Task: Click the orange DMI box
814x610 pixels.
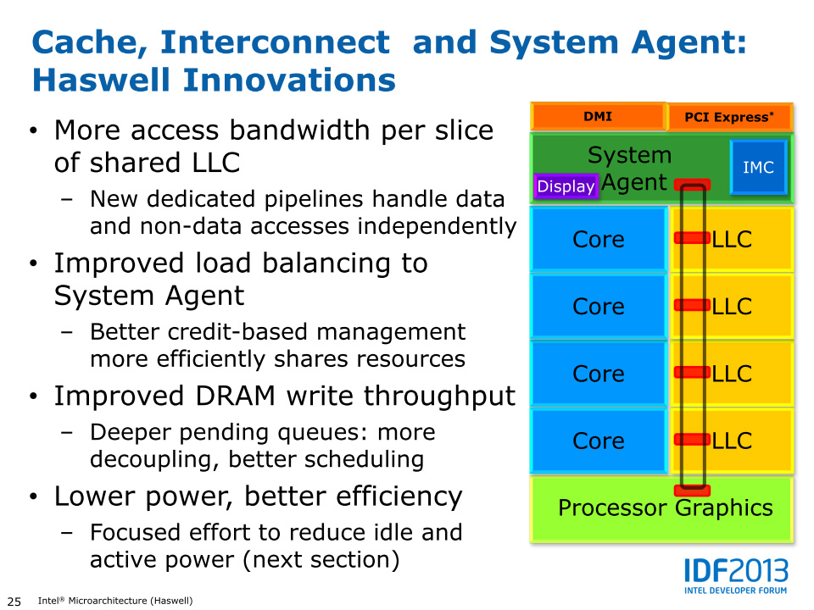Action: (598, 117)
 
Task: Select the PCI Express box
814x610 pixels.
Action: (729, 117)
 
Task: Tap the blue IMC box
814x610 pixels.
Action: (758, 168)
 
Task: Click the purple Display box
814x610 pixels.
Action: (566, 186)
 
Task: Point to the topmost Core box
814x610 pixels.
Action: (599, 240)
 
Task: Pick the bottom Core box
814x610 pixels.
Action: (599, 441)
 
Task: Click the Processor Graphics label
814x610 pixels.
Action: (665, 508)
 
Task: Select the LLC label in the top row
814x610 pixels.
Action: (733, 240)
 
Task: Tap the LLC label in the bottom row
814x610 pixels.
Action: (733, 441)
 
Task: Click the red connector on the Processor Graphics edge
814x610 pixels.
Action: (692, 490)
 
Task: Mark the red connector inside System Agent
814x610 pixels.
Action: (692, 185)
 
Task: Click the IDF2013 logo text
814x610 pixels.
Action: (736, 571)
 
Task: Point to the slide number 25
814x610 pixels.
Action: (14, 602)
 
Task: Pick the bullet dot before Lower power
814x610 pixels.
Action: (33, 497)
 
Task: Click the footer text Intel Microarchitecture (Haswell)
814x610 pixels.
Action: (115, 602)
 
